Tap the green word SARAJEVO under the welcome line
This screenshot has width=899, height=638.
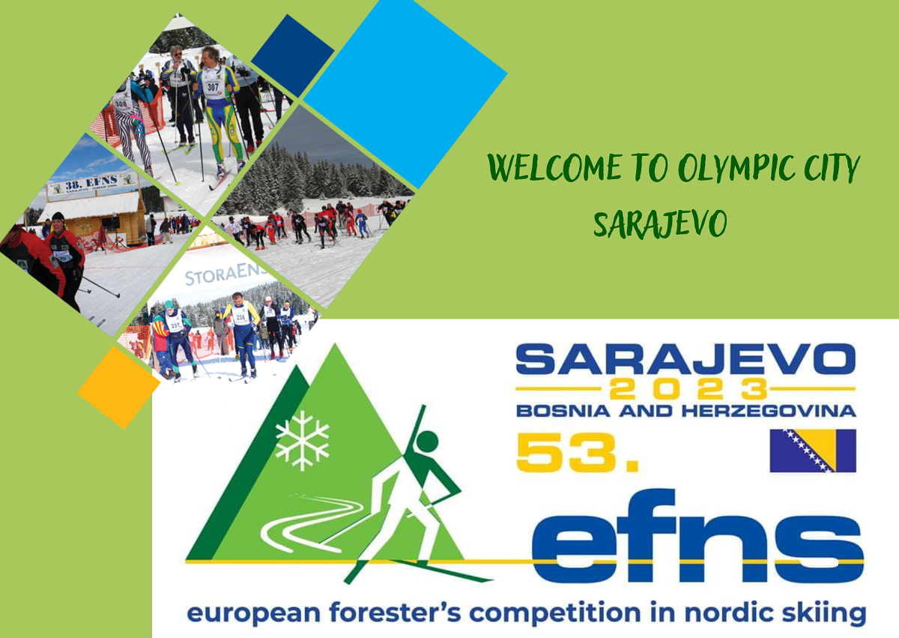659,223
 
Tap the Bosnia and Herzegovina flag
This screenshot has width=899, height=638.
813,451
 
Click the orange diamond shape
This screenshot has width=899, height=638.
118,387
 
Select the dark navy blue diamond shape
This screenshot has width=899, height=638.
292,55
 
